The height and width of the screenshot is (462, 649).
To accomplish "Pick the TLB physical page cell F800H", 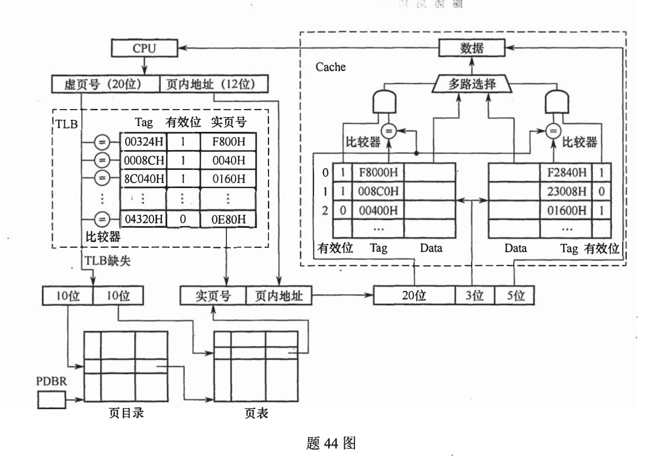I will click(228, 141).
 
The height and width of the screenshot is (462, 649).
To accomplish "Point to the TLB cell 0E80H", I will click(228, 219).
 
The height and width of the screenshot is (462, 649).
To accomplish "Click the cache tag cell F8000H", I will click(378, 172).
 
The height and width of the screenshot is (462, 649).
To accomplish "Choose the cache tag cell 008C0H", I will click(378, 192).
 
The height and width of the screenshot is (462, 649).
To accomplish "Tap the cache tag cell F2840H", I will click(566, 172).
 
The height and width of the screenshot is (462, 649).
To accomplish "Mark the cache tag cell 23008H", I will click(566, 192).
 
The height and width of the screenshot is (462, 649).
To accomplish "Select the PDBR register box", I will click(52, 401).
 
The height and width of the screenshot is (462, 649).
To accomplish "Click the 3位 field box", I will click(473, 296).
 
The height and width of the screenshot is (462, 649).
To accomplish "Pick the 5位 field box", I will click(514, 296).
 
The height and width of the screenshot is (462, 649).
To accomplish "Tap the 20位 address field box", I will click(414, 296).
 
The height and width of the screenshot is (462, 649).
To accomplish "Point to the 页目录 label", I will click(126, 413).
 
